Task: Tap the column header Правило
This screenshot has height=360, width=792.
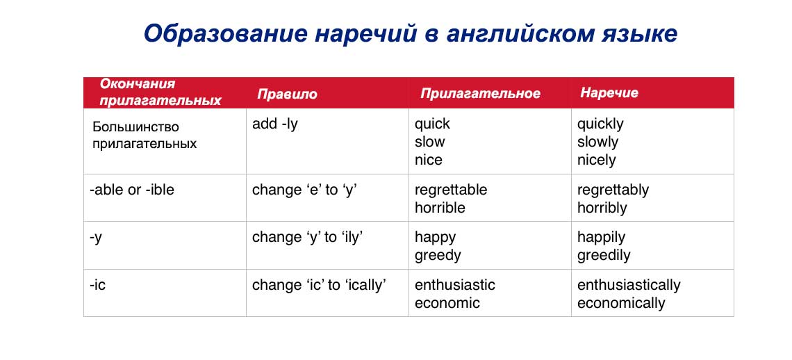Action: pos(287,94)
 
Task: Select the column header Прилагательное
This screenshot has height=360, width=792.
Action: pos(480,94)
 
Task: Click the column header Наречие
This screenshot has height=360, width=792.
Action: pos(609,92)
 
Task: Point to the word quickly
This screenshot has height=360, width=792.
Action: pos(600,124)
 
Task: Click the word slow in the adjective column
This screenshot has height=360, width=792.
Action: pos(429,142)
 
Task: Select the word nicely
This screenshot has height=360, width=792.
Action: pos(596,160)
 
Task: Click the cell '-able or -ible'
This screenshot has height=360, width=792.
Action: pos(132,190)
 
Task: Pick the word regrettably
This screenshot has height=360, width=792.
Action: pos(613,190)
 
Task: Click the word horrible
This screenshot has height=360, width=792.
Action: pos(440,208)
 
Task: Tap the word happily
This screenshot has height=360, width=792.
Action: pos(601,237)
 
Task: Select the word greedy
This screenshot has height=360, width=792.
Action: pos(438,255)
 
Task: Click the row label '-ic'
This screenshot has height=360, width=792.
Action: pos(98,285)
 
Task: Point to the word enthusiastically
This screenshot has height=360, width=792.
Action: pos(629,285)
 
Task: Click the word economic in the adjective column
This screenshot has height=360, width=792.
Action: pos(447,303)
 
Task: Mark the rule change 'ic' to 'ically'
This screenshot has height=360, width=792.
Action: pos(319,285)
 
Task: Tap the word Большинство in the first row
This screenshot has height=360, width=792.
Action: pos(135,127)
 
